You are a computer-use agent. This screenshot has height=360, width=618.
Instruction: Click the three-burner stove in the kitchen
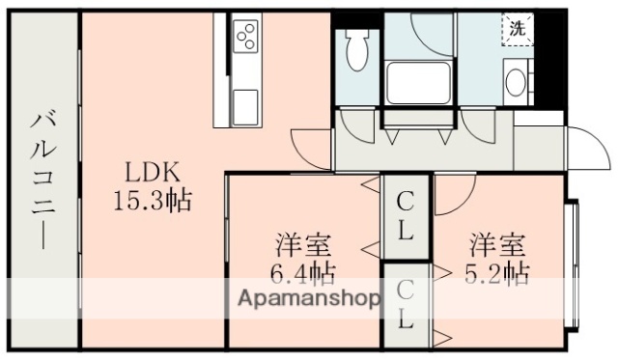245,37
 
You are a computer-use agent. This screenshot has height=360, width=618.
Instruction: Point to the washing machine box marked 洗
519,29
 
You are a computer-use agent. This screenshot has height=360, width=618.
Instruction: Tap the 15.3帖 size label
152,202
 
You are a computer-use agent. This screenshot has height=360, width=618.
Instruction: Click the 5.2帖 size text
499,271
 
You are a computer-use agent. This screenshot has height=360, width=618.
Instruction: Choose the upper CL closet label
407,216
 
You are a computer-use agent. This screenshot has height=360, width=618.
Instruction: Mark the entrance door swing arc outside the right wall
585,145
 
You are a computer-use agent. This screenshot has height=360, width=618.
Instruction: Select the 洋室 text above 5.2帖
499,243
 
